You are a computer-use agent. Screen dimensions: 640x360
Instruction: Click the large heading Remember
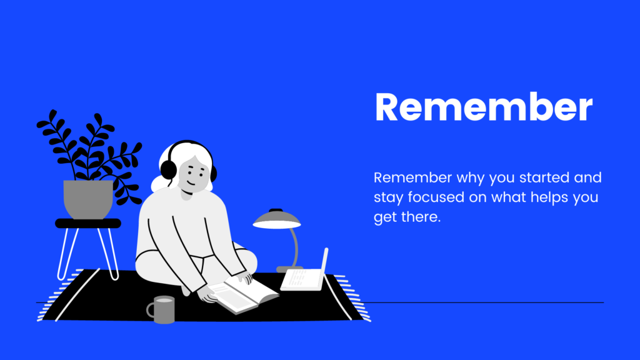(x=484, y=107)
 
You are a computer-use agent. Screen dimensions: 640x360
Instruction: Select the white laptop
(x=305, y=272)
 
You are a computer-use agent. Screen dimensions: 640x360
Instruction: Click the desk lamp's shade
(x=277, y=219)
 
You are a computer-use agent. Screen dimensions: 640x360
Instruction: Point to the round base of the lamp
(x=289, y=269)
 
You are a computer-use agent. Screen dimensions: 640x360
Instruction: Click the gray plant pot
(x=88, y=199)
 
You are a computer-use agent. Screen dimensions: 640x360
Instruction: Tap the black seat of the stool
(x=88, y=223)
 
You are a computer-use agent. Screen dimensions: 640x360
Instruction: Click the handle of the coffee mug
(x=150, y=310)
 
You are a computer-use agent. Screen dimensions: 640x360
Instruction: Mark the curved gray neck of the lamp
(x=294, y=247)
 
